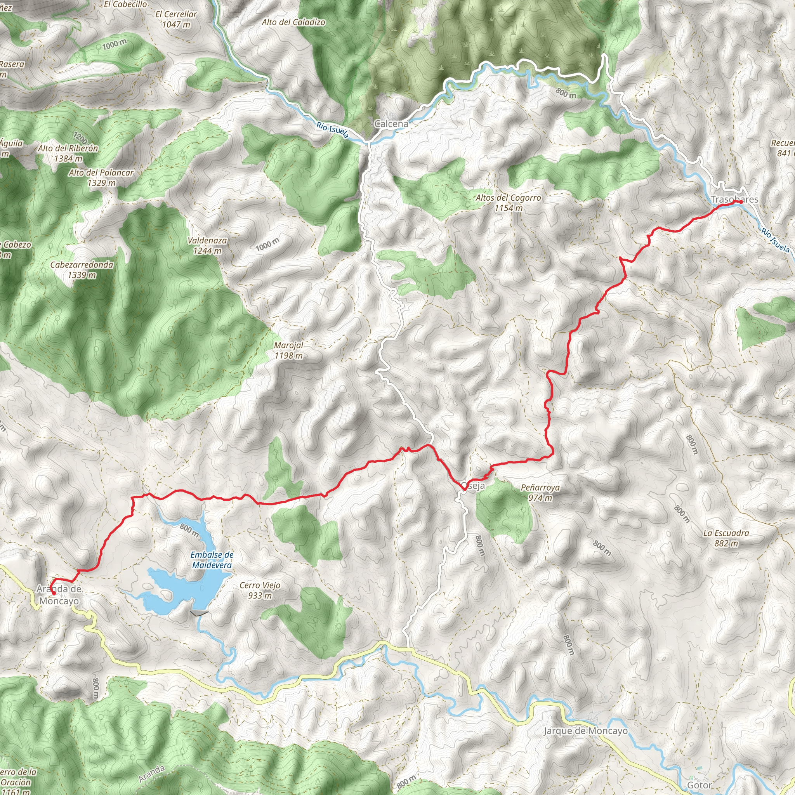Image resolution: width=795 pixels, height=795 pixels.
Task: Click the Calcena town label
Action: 391,123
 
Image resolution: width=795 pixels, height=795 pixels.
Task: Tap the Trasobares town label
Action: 734,200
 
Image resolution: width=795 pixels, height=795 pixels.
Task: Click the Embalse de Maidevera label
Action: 212,560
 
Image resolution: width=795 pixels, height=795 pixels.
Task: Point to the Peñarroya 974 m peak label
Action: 540,493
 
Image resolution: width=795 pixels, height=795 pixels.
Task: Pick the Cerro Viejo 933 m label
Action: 260,590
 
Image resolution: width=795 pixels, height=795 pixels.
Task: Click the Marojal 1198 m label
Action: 288,350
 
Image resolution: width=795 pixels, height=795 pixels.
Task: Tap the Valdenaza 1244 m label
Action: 207,245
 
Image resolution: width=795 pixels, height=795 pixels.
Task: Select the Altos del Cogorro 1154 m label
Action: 508,203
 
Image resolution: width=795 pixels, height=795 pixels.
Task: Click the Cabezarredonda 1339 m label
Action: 82,269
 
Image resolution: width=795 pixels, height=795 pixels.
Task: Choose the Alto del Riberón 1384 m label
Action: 68,153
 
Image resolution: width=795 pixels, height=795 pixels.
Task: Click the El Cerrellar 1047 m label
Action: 176,19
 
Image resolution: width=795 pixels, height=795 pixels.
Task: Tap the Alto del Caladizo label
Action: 293,22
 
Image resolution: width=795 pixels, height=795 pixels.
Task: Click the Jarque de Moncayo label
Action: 585,731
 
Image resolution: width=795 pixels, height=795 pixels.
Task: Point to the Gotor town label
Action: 699,785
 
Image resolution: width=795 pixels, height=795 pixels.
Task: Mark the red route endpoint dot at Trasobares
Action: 741,202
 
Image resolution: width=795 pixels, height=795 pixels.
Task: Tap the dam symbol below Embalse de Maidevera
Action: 199,613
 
